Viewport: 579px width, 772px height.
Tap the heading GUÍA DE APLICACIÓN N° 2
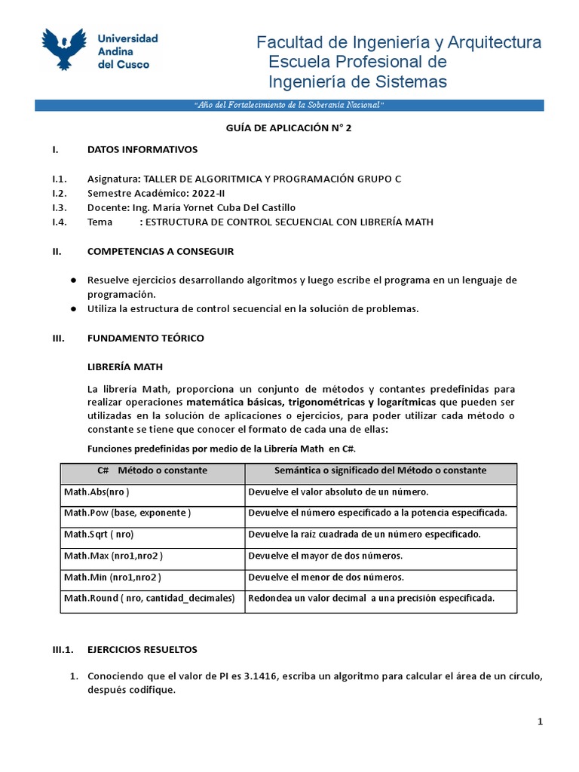pos(289,128)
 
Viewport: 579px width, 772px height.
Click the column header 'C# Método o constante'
pos(152,470)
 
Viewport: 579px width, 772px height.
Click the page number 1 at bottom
pos(541,722)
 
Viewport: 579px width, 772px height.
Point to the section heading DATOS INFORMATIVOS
pos(142,150)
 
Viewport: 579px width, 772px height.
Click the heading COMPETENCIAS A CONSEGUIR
pos(161,251)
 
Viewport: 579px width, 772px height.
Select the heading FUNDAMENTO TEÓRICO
pos(146,339)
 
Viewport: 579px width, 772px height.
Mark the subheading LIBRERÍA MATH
pos(125,367)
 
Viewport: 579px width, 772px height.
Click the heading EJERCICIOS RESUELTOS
pos(142,649)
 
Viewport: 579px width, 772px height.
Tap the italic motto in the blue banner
pos(289,105)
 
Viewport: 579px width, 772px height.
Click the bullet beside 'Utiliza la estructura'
pos(74,309)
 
